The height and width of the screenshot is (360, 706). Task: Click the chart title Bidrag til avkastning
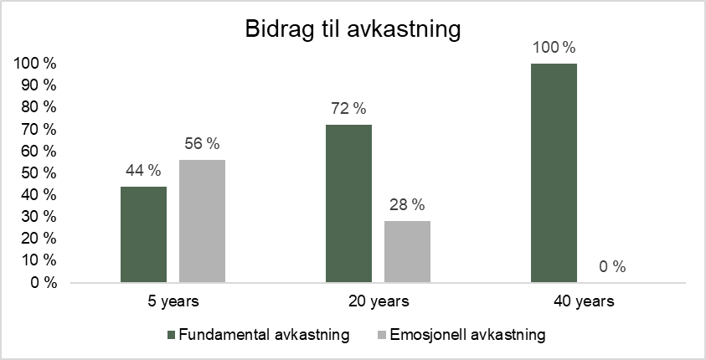coord(353,29)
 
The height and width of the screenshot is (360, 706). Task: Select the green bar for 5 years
coord(144,234)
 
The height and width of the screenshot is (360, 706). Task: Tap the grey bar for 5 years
coord(202,221)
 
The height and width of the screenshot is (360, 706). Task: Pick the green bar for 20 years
coord(349,203)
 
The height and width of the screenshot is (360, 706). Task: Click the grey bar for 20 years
coord(408,252)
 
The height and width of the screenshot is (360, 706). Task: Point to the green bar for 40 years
coord(554,173)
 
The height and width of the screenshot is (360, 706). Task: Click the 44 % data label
coord(143,171)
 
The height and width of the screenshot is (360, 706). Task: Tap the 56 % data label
coord(202,144)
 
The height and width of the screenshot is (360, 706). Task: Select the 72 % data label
coord(348,109)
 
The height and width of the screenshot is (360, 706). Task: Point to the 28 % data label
coord(408,205)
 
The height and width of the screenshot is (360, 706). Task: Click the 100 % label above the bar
coord(554,48)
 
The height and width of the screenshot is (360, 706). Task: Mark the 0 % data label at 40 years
coord(612,267)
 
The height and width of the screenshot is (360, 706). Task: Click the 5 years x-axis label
coord(173,301)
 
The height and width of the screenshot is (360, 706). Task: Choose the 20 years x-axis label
coord(379,301)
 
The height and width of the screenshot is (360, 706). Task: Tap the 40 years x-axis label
coord(584,301)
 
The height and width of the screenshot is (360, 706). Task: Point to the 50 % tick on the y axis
coord(39,173)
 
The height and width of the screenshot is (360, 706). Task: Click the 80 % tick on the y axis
coord(39,107)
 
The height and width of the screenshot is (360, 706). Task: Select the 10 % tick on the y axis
coord(39,261)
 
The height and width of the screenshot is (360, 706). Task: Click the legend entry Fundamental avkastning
coord(258,335)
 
